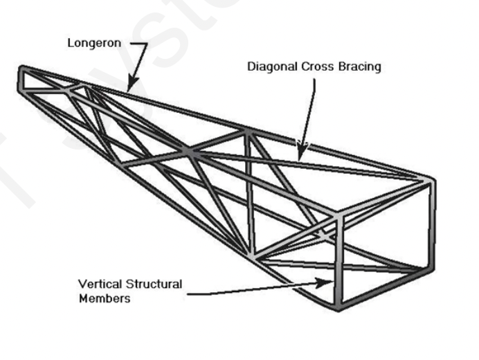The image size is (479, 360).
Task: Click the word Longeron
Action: pos(94,43)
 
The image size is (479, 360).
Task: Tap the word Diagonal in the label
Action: pos(271,67)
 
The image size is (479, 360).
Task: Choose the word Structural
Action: pos(154,285)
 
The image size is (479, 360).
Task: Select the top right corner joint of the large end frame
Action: pos(432,182)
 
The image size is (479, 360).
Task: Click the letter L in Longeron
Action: pos(71,43)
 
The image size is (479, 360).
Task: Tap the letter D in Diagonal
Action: pos(251,67)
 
